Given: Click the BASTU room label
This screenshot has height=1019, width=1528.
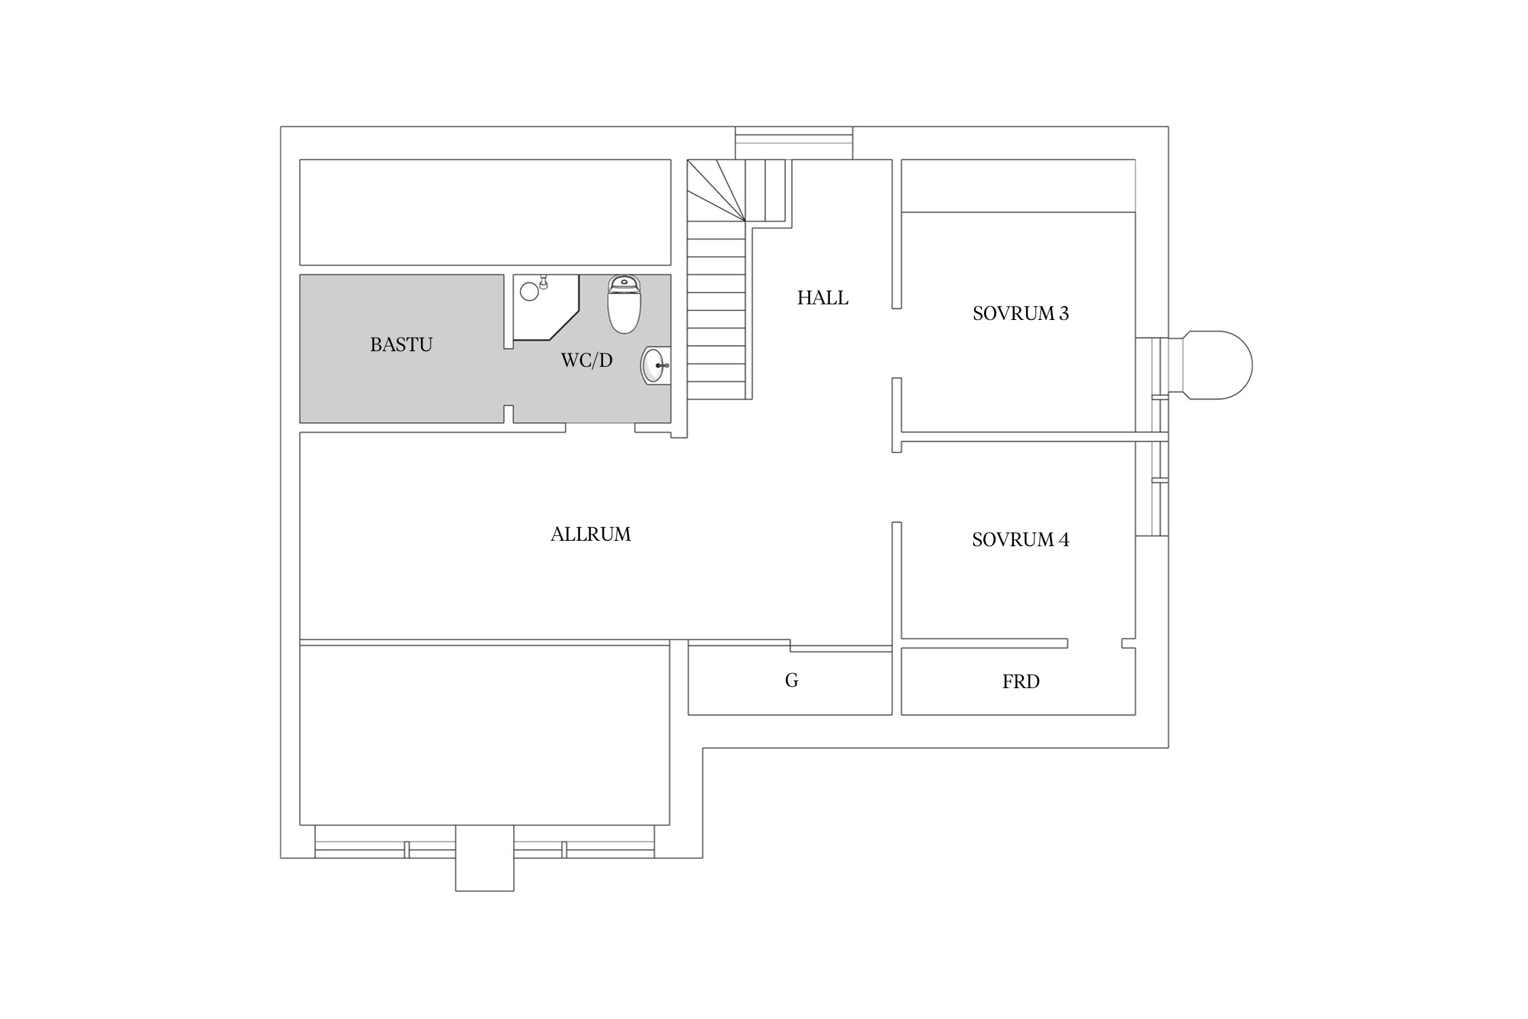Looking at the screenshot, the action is click(401, 345).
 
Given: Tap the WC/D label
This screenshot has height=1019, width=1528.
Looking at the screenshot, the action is click(587, 360).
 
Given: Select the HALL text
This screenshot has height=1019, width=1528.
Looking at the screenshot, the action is click(822, 298).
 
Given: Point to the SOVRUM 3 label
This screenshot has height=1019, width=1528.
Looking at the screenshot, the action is click(1021, 313).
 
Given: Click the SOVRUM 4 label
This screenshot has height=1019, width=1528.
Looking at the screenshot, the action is click(1021, 539).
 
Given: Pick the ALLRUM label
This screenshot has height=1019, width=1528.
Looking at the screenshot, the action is click(591, 535).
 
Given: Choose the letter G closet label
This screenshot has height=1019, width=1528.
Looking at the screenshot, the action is click(791, 681).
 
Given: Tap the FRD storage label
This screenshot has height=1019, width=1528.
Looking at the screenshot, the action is click(1021, 681).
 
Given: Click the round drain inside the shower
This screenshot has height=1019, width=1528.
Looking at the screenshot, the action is click(529, 292).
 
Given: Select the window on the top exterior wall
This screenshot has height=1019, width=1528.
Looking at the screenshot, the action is click(794, 143).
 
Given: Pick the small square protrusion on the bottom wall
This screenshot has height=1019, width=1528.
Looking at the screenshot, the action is click(484, 857).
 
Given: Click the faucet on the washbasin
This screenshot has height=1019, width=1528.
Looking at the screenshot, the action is click(662, 365).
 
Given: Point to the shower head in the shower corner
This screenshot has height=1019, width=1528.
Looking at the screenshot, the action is click(543, 282).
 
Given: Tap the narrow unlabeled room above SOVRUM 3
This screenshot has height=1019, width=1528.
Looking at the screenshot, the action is click(1018, 185).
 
